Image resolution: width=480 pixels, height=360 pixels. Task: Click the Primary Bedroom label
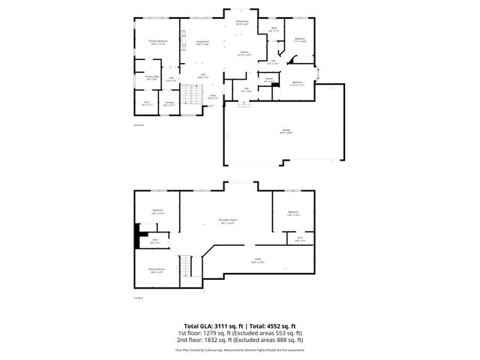[x=157, y=42]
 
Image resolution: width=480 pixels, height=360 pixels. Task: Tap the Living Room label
[x=202, y=43]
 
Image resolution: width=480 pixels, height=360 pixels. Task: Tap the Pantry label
[x=268, y=79]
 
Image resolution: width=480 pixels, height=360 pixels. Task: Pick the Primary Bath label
[x=151, y=77]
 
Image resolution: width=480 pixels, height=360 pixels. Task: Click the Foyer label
[x=212, y=97]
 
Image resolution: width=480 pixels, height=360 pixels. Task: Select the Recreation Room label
[x=226, y=221]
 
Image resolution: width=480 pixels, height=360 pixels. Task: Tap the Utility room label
[x=257, y=262]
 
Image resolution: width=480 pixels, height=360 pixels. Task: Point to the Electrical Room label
[x=157, y=272]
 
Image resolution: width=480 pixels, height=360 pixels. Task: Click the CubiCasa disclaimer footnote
[x=240, y=349]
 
